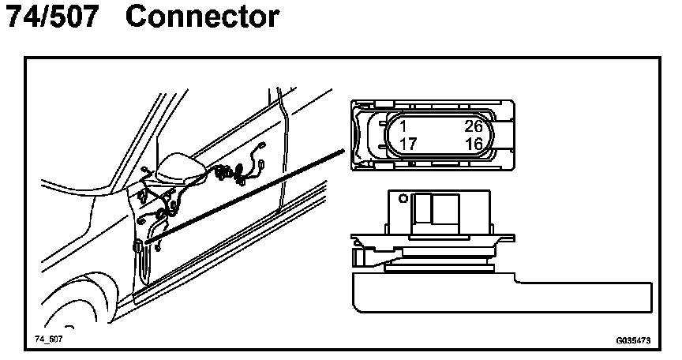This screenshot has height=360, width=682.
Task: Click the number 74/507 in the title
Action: coord(52,17)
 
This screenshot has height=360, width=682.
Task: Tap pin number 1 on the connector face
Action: coord(403,126)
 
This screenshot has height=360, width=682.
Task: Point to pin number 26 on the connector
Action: coord(474,126)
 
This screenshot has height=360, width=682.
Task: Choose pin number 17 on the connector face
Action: coord(408,144)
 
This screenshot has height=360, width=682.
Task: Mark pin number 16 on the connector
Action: coord(474,144)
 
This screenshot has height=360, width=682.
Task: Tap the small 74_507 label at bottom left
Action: coord(48,337)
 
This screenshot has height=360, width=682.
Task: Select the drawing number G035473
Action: coord(633,341)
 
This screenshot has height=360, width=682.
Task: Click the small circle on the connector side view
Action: coord(403,197)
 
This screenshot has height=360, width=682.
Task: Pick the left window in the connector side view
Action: coord(423,208)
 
